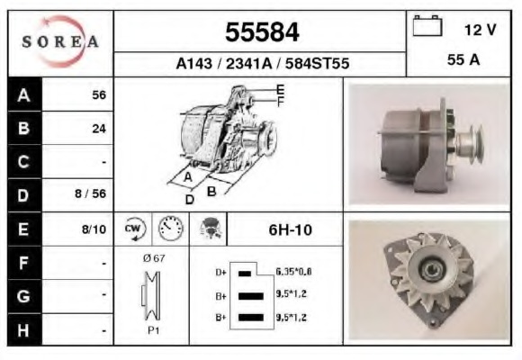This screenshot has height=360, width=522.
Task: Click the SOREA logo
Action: (x=60, y=41)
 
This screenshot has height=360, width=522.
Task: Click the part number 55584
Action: (x=262, y=32)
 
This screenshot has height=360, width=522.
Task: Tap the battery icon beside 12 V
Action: (x=427, y=25)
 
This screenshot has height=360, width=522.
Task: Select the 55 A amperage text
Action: (x=463, y=60)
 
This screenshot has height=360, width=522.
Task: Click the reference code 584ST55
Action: (x=317, y=63)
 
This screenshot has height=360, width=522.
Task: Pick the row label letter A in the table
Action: (x=23, y=95)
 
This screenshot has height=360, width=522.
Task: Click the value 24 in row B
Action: (x=99, y=129)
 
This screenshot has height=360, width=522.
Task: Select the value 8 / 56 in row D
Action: (x=90, y=193)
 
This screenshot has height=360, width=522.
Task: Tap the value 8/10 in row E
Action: (x=94, y=229)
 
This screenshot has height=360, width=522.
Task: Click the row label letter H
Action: (x=23, y=330)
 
